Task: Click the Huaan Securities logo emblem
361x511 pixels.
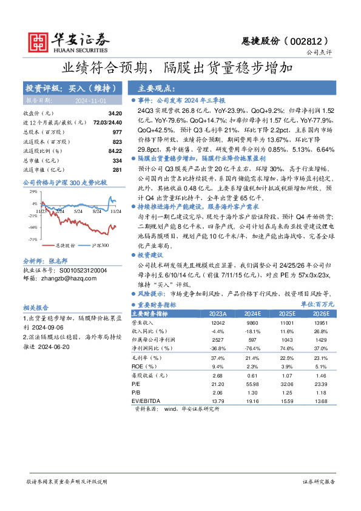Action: (39, 41)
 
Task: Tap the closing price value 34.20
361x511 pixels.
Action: (115, 113)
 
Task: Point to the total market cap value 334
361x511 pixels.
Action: (118, 160)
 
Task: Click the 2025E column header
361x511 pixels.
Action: (287, 314)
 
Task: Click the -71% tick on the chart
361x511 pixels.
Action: (34, 239)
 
